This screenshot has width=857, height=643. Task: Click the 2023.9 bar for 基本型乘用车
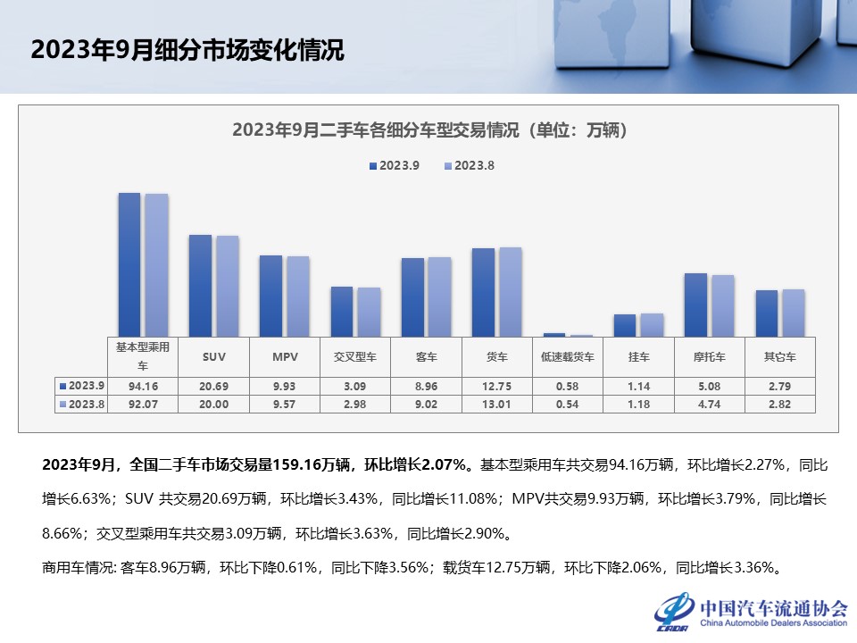click(x=129, y=264)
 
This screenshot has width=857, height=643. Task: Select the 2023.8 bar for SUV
click(x=228, y=287)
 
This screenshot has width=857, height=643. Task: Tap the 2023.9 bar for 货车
click(x=483, y=293)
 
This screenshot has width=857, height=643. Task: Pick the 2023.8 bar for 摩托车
click(x=722, y=306)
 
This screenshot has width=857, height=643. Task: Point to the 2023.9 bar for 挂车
click(x=625, y=326)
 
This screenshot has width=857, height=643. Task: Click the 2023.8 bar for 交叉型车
click(x=369, y=313)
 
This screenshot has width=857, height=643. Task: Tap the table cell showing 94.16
click(x=143, y=386)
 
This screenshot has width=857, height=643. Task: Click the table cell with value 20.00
click(x=214, y=404)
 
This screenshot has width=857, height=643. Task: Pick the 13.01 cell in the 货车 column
click(x=497, y=404)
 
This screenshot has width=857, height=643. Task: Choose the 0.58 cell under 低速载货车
click(x=568, y=386)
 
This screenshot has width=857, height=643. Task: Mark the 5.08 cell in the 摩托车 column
click(x=710, y=386)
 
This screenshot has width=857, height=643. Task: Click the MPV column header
click(x=285, y=356)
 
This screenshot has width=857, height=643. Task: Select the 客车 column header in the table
click(x=427, y=356)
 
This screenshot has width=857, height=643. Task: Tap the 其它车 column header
click(x=780, y=356)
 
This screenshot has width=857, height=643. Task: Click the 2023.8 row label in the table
click(x=82, y=404)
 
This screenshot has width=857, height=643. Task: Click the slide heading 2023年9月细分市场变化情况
click(x=187, y=49)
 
